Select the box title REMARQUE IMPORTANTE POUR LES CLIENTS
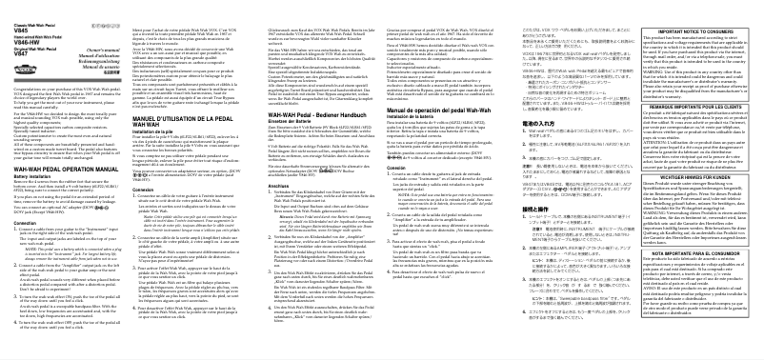click(x=695, y=77)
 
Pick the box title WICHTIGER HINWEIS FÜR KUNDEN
click(x=695, y=175)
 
